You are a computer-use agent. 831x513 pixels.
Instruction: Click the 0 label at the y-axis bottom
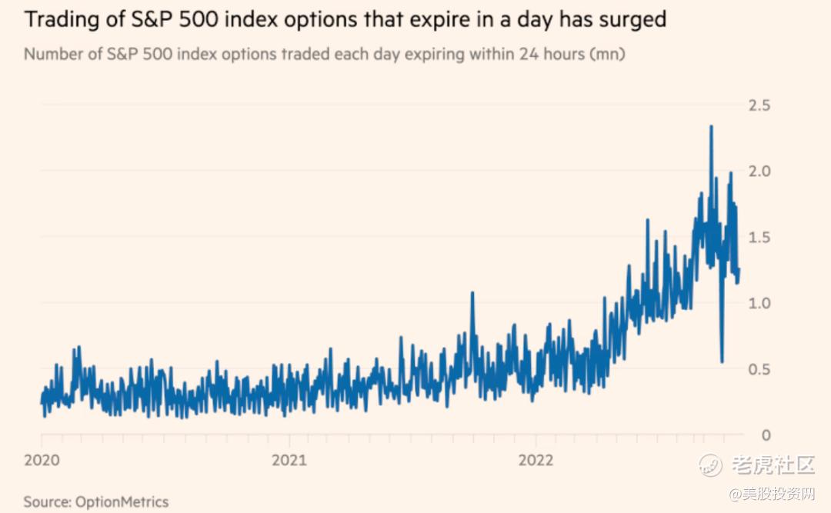click(x=766, y=435)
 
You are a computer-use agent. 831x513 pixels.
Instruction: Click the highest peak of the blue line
click(x=711, y=126)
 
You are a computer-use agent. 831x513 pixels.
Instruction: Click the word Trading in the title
click(x=63, y=19)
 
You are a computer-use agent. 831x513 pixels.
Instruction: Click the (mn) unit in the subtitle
click(x=608, y=55)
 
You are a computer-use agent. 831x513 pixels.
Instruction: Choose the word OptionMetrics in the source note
click(x=122, y=501)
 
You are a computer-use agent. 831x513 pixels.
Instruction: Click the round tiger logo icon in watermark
click(x=709, y=464)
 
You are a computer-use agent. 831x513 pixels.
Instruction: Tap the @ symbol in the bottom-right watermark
click(x=735, y=493)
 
